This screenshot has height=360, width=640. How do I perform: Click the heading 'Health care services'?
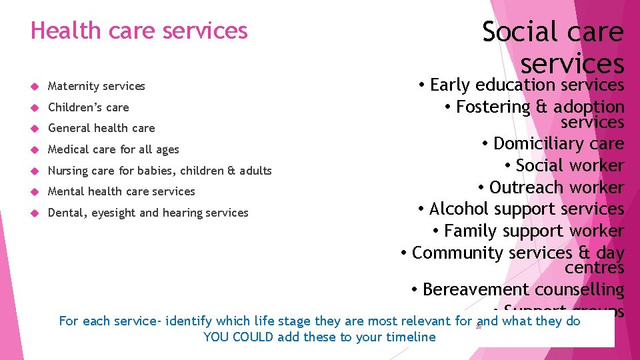(x=139, y=31)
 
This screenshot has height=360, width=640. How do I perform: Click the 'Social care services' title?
(x=553, y=47)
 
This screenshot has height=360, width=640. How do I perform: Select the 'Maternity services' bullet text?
(x=96, y=86)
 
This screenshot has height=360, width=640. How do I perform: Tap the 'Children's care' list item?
(x=88, y=107)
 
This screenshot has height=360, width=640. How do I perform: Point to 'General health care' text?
(x=101, y=128)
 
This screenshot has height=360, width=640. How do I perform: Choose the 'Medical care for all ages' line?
(x=113, y=149)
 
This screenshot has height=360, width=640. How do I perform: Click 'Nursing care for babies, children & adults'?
(x=159, y=171)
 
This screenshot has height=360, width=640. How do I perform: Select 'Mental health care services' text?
(x=121, y=191)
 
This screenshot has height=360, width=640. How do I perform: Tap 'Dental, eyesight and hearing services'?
(x=148, y=213)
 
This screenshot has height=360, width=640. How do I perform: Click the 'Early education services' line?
(x=527, y=85)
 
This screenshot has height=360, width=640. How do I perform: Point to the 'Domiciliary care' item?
(x=558, y=144)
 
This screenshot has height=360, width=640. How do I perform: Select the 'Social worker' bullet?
(x=569, y=166)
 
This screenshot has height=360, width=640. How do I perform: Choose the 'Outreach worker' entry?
(x=556, y=187)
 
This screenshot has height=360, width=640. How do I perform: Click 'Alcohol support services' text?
(x=526, y=209)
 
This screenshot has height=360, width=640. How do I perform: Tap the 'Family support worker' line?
(x=533, y=231)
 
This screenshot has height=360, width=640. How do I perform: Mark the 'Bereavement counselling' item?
(x=523, y=290)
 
